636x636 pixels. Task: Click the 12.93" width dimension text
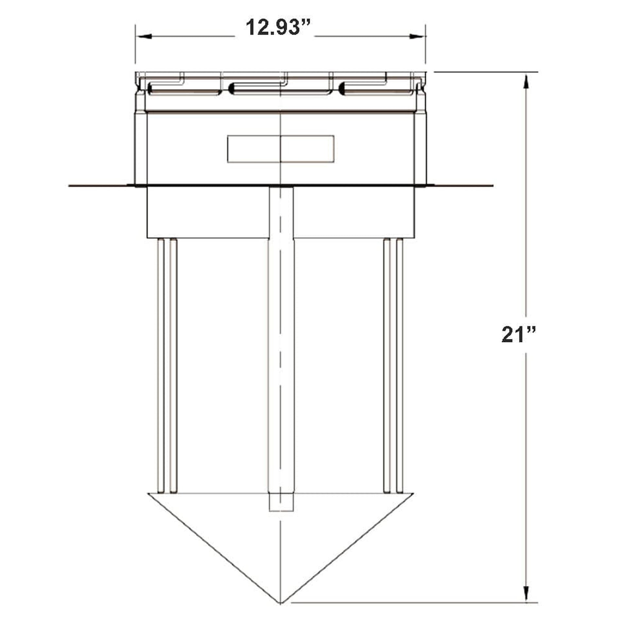(278, 28)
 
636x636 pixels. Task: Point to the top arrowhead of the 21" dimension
(527, 81)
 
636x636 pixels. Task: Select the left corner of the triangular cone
(149, 494)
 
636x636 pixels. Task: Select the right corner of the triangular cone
(412, 494)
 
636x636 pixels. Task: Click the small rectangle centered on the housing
(280, 149)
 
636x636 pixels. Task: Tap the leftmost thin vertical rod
(161, 365)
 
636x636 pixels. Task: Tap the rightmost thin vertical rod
(400, 365)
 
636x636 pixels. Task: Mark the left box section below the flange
(208, 212)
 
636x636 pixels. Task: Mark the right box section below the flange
(354, 212)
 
